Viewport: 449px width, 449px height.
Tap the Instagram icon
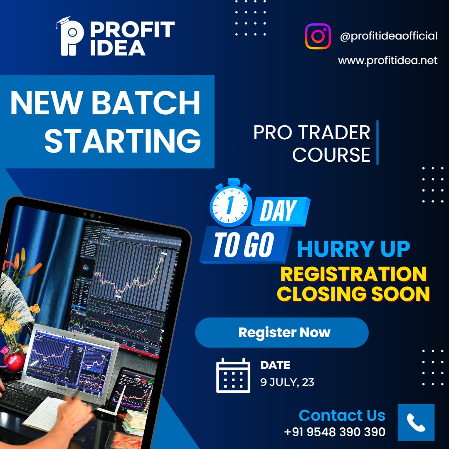[x=318, y=36]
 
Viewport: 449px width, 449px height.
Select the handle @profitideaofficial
[x=388, y=36]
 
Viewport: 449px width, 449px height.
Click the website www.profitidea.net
[x=387, y=61]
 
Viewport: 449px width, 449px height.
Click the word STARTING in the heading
[x=123, y=141]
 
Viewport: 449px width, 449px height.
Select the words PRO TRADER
[x=311, y=133]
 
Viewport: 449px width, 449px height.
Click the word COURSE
[x=331, y=155]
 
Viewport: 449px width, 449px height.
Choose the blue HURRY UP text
[x=353, y=249]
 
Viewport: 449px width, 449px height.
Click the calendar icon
[x=233, y=375]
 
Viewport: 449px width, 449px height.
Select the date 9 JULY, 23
[x=287, y=382]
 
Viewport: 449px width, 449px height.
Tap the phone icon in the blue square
[x=416, y=422]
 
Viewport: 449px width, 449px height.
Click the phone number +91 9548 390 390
[x=335, y=432]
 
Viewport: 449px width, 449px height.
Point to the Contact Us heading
[x=342, y=415]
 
